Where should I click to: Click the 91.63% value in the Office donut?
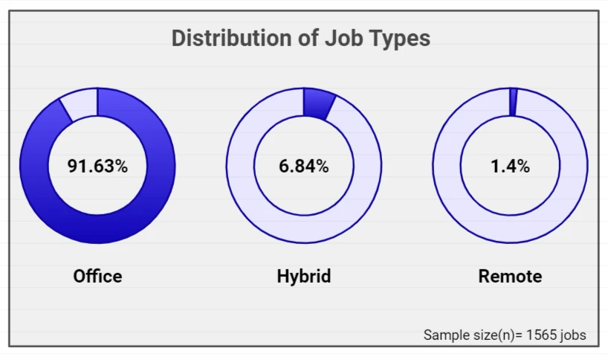(x=97, y=166)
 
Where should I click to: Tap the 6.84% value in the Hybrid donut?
(x=303, y=166)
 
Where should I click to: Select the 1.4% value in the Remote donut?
(x=510, y=166)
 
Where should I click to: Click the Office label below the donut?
(x=97, y=276)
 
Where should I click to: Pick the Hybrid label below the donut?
(x=304, y=277)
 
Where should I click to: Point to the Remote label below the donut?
(x=511, y=276)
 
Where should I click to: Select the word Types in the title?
(x=400, y=39)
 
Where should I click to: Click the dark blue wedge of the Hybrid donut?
(x=319, y=104)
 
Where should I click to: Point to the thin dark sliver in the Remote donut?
(x=513, y=102)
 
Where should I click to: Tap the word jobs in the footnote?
(x=571, y=335)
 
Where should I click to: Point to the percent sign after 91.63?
(x=121, y=166)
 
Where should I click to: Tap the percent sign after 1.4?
(x=523, y=166)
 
